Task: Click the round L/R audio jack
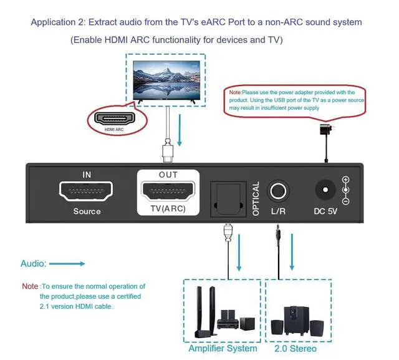click(278, 190)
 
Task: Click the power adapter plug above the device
click(325, 132)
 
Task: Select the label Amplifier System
click(223, 348)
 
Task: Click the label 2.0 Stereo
click(295, 348)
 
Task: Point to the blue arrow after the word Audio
click(67, 264)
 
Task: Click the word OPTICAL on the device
click(256, 199)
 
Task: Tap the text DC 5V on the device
click(325, 211)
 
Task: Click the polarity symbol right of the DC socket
click(346, 191)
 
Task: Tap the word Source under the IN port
click(87, 211)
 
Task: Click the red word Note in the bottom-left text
click(30, 286)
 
